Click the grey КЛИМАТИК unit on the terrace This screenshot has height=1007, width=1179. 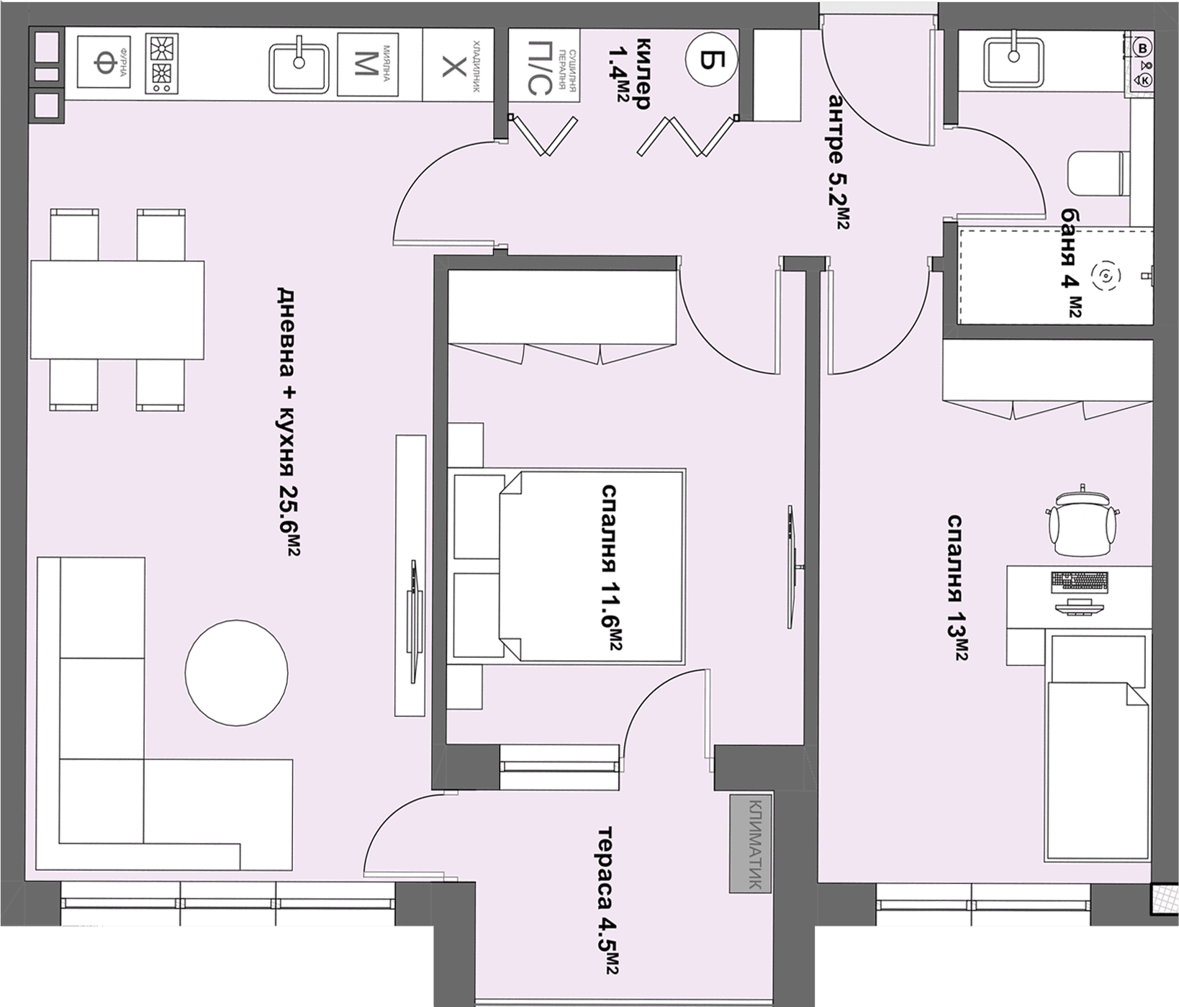(x=750, y=844)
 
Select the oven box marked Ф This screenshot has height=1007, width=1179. (x=103, y=63)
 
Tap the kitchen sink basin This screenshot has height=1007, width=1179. (x=299, y=68)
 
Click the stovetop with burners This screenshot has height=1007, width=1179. (x=161, y=63)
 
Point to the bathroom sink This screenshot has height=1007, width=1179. (x=1013, y=61)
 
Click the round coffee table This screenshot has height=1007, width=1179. (x=236, y=672)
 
